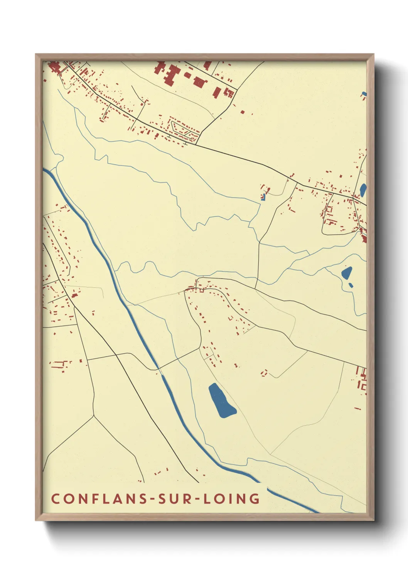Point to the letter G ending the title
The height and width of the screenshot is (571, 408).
click(x=255, y=498)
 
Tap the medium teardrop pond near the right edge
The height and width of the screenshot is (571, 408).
click(x=347, y=273)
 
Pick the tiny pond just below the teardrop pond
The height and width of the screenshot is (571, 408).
click(x=351, y=285)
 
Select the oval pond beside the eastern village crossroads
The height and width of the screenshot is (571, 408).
click(x=362, y=189)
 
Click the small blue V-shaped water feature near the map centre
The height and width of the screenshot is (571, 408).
click(x=263, y=198)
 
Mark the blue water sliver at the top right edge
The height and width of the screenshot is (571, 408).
click(x=364, y=94)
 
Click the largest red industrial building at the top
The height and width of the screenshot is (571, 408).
click(x=170, y=76)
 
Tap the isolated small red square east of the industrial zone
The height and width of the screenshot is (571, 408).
click(x=243, y=112)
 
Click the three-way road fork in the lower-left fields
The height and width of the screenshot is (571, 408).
click(x=94, y=416)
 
